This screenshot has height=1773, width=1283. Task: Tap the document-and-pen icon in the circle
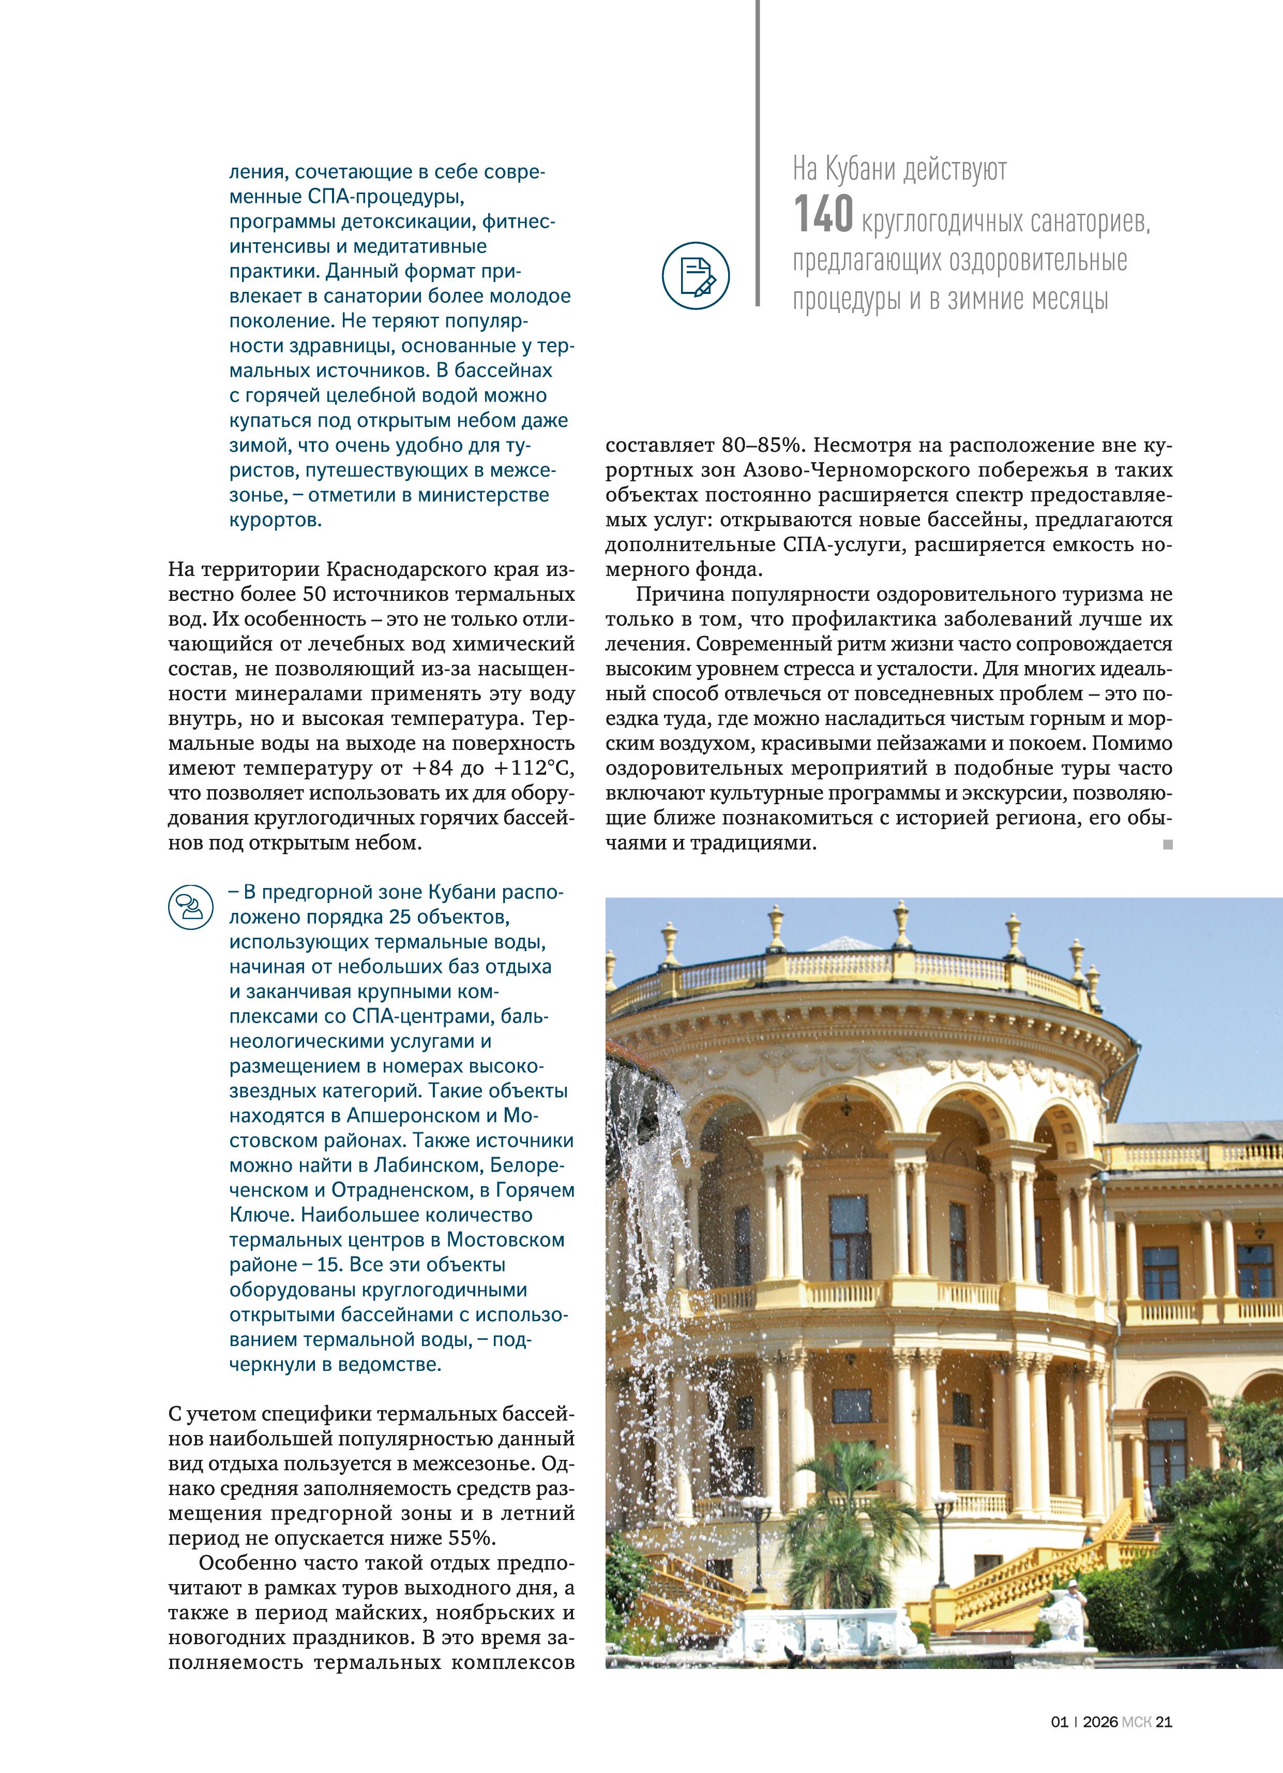[x=696, y=276]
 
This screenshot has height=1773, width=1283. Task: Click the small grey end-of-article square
[x=1167, y=844]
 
